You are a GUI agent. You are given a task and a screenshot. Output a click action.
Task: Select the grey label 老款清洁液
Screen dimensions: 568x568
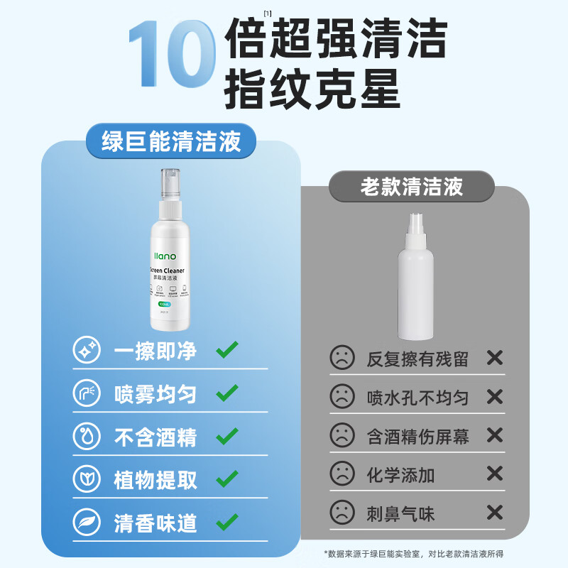point(411,187)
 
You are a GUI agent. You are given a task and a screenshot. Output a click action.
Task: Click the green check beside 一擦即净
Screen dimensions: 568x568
point(227,350)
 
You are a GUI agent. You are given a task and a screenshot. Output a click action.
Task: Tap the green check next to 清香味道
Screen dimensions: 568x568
point(227,523)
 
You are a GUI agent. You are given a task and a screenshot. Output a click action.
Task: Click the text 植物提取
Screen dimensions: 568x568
point(155,481)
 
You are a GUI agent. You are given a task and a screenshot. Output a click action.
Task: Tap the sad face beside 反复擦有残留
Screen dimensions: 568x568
point(342,358)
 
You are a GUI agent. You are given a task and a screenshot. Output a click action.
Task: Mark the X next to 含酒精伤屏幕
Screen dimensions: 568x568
point(494,435)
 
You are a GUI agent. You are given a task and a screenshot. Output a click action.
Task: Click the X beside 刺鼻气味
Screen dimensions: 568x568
point(494,512)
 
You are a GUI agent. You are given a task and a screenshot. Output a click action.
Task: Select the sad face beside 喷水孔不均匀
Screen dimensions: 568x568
point(342,396)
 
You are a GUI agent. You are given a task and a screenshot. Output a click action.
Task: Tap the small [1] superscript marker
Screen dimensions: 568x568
point(268,13)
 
